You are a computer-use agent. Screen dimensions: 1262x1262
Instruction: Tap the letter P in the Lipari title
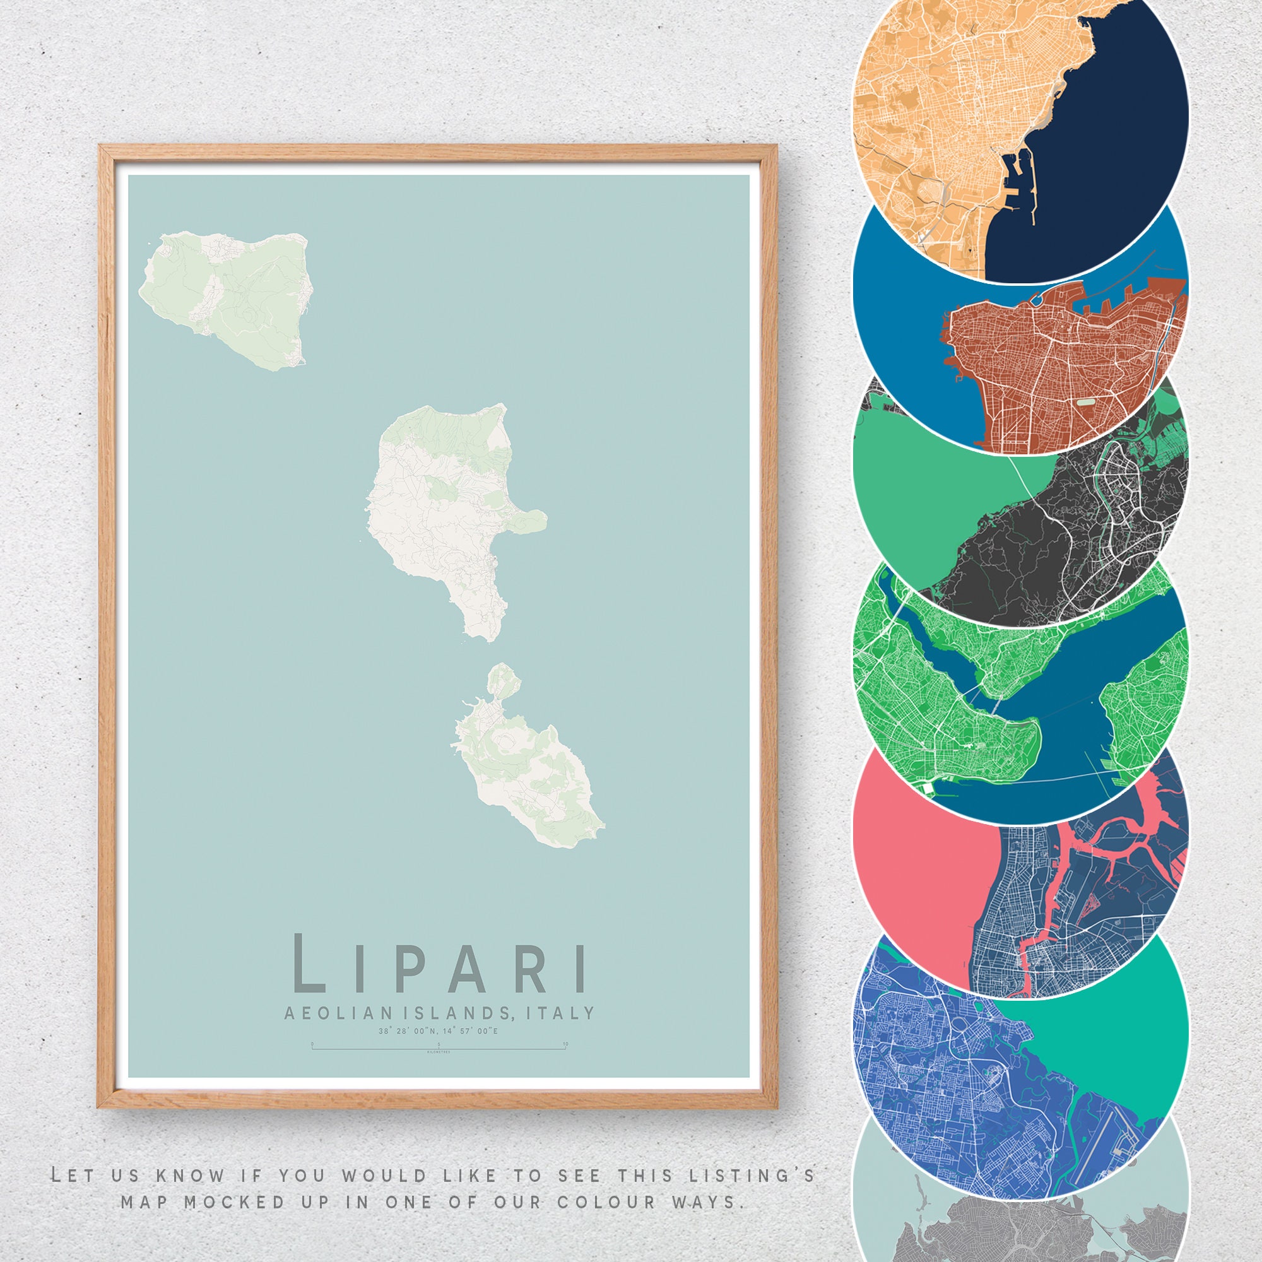coord(410,970)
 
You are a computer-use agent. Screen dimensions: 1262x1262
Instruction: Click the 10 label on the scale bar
coord(565,1044)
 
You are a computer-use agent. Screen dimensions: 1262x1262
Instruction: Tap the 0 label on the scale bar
coord(312,1044)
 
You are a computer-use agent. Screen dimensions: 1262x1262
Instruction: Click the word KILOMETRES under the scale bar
coord(438,1053)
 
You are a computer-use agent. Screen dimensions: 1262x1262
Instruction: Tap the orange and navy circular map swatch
coord(1019,117)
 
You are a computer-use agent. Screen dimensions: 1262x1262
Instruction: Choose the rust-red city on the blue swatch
coord(1058,366)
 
